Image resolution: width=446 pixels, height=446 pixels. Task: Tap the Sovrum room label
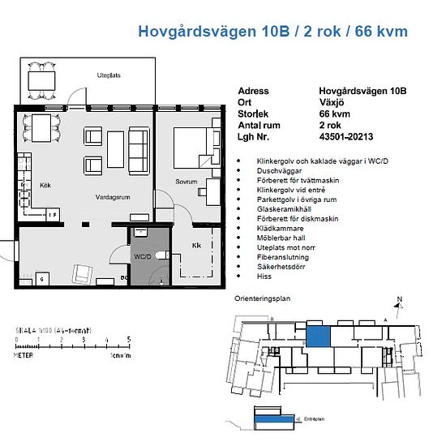coord(187,182)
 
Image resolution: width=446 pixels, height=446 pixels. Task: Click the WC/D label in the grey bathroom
coord(143,256)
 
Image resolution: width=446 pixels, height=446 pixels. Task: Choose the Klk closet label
coord(195,244)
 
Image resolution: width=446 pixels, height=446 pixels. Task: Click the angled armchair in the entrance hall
coord(83,273)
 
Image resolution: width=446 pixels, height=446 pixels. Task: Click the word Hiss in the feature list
coord(263,277)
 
